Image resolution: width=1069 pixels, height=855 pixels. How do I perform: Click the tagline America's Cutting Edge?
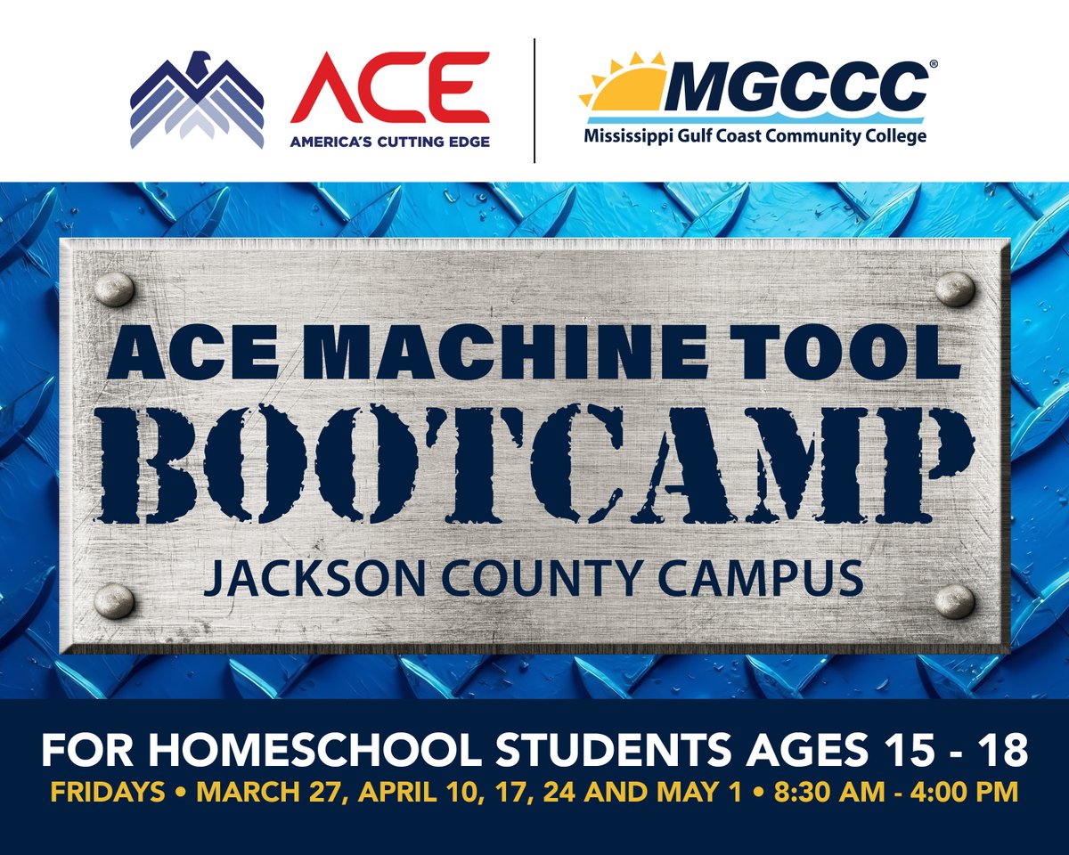389,141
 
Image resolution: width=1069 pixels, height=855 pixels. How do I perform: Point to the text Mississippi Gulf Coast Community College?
755,136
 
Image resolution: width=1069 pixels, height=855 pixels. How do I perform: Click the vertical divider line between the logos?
534,100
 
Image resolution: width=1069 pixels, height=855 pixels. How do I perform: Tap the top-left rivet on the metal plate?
114,289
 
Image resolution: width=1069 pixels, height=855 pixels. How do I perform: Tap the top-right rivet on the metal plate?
954,289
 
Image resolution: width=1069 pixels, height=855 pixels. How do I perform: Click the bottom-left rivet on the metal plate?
114,601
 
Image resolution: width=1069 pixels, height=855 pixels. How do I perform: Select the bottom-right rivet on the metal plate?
954,601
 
